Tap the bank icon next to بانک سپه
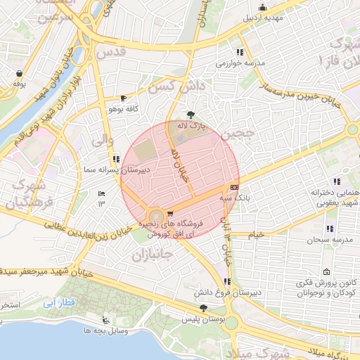click(x=233, y=188)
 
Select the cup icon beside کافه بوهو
click(x=124, y=98)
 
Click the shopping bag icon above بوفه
click(x=18, y=73)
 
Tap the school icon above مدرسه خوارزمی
click(x=240, y=52)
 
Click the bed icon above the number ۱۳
click(x=102, y=193)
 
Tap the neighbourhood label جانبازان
click(x=152, y=254)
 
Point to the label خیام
click(x=257, y=233)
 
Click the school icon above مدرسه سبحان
click(x=329, y=229)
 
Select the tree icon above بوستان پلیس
click(x=203, y=307)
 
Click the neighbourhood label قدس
click(x=110, y=53)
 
